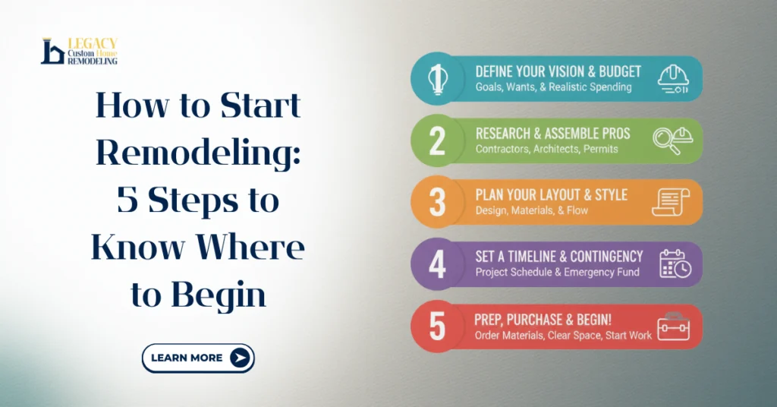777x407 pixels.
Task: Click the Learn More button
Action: click(x=198, y=358)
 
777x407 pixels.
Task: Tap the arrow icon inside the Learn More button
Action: click(x=240, y=358)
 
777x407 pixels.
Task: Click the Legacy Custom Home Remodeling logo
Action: click(x=79, y=51)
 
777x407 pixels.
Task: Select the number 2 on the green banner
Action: click(x=437, y=141)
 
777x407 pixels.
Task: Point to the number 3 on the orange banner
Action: click(x=437, y=203)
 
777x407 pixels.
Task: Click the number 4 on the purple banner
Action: click(x=437, y=264)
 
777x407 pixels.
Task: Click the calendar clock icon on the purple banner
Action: click(x=674, y=264)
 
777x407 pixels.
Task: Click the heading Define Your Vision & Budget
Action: click(x=558, y=72)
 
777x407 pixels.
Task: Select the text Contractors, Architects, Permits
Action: click(x=546, y=149)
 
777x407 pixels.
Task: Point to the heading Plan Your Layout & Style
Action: click(x=551, y=195)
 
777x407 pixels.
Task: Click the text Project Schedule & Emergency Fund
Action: click(x=557, y=272)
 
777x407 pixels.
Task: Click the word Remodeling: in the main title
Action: click(x=200, y=153)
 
